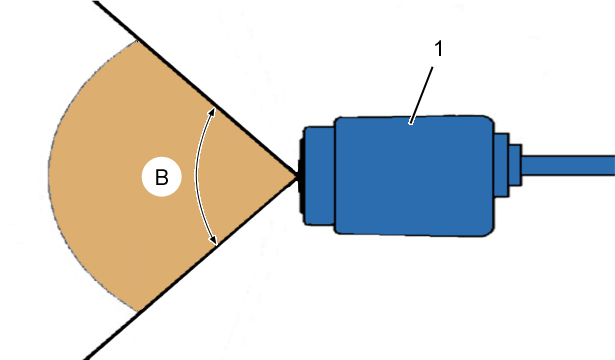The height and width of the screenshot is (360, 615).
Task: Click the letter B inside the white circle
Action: pyautogui.click(x=162, y=177)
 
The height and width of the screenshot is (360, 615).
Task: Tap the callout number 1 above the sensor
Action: pyautogui.click(x=439, y=49)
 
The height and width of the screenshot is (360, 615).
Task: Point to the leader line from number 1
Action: pyautogui.click(x=421, y=95)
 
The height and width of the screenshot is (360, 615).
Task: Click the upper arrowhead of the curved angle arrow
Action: pyautogui.click(x=211, y=112)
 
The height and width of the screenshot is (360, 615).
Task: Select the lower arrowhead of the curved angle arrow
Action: pyautogui.click(x=213, y=240)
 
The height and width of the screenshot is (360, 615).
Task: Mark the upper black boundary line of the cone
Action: pyautogui.click(x=196, y=89)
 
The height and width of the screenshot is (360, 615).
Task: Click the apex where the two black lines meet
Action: pyautogui.click(x=296, y=177)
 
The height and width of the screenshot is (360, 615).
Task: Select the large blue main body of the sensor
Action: pyautogui.click(x=414, y=176)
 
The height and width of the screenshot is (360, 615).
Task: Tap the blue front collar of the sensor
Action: pyautogui.click(x=319, y=176)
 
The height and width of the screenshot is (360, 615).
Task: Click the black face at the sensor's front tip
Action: pyautogui.click(x=301, y=176)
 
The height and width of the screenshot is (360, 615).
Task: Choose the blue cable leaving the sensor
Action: pyautogui.click(x=568, y=165)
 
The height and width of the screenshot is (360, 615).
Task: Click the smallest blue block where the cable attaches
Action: pyautogui.click(x=515, y=165)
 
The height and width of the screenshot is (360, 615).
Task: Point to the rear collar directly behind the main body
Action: pyautogui.click(x=501, y=165)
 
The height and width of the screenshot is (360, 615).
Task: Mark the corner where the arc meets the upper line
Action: pyautogui.click(x=136, y=41)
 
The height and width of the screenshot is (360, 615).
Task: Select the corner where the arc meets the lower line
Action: pyautogui.click(x=137, y=312)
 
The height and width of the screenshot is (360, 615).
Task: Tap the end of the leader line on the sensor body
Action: pyautogui.click(x=410, y=124)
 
